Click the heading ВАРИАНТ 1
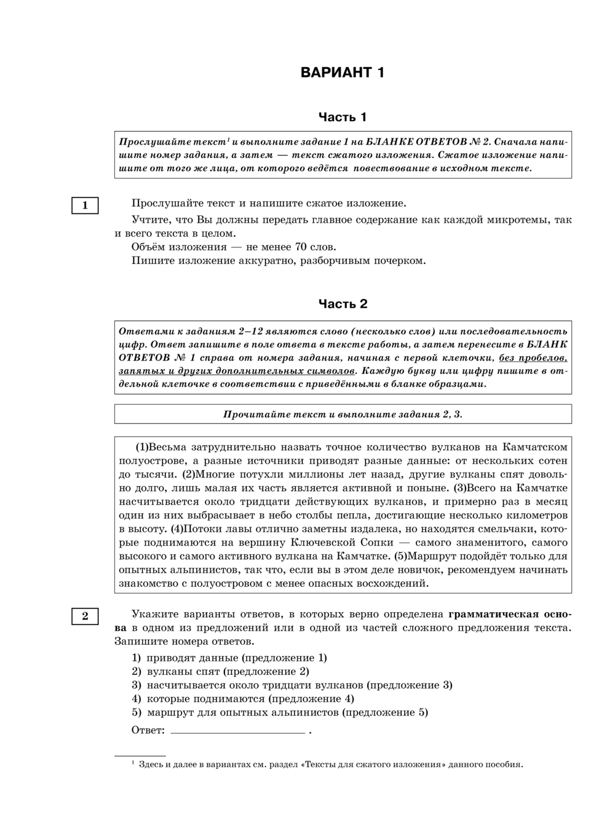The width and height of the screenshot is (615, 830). pyautogui.click(x=343, y=73)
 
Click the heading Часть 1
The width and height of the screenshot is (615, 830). pyautogui.click(x=343, y=117)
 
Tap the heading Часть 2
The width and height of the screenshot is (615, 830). pyautogui.click(x=343, y=303)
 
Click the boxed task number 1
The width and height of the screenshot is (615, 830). pyautogui.click(x=85, y=206)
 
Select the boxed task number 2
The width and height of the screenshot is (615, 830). pyautogui.click(x=85, y=616)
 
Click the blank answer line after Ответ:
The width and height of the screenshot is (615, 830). pyautogui.click(x=237, y=731)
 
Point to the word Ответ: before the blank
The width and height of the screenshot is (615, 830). pyautogui.click(x=148, y=730)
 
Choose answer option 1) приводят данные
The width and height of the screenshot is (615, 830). pyautogui.click(x=229, y=658)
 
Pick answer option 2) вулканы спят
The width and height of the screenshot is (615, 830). pyautogui.click(x=220, y=671)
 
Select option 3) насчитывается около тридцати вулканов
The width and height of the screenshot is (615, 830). pyautogui.click(x=292, y=685)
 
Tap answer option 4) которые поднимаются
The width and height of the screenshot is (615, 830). pyautogui.click(x=243, y=698)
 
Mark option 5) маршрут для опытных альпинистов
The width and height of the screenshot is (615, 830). pyautogui.click(x=280, y=712)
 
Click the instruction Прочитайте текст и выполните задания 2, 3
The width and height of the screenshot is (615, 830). pyautogui.click(x=343, y=414)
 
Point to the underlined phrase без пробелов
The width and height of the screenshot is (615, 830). pyautogui.click(x=533, y=357)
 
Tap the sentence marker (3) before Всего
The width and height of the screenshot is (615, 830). pyautogui.click(x=459, y=488)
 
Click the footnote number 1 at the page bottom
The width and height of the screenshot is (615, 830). pyautogui.click(x=133, y=764)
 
